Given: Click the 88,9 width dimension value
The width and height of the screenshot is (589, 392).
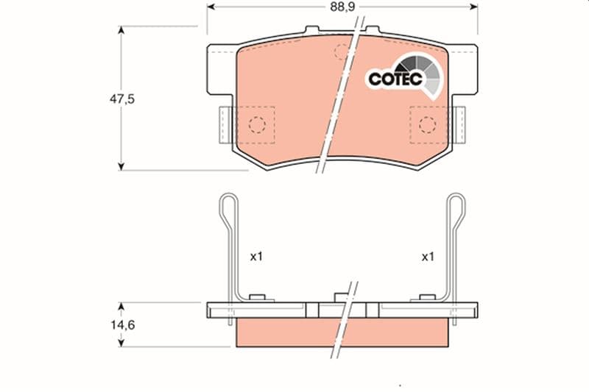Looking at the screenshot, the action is coord(342,7).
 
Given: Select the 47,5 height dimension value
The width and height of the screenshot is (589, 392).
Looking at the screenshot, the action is coord(121,99).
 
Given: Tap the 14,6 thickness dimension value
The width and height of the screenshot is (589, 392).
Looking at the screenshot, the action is coord(122,324).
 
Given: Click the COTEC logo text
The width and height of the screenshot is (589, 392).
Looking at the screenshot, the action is coord(395,79).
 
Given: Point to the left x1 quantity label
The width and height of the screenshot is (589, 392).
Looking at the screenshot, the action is coord(256,257).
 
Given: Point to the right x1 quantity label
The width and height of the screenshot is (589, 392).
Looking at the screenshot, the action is coord(428,257).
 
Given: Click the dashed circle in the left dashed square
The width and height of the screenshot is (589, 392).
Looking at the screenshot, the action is coord(257,125).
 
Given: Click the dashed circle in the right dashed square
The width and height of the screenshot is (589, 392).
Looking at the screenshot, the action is coord(428,125).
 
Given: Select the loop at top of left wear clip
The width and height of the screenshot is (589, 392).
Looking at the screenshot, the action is coord(228,207).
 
